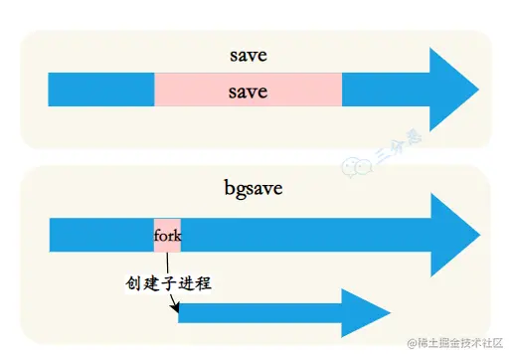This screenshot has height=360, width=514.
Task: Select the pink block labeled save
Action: [x=248, y=90]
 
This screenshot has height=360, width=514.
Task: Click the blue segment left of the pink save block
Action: [x=100, y=90]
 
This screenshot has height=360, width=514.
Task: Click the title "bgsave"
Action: [x=254, y=186]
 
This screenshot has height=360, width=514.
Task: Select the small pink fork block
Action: [x=167, y=236]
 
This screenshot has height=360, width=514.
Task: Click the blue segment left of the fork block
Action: [x=100, y=236]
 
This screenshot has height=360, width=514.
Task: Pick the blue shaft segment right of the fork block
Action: [x=298, y=236]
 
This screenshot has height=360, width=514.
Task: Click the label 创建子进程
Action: [x=168, y=282]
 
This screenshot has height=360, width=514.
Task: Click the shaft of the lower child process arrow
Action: [x=258, y=314]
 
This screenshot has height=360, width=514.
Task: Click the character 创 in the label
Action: [x=133, y=282]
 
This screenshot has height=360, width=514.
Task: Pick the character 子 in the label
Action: [x=168, y=282]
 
